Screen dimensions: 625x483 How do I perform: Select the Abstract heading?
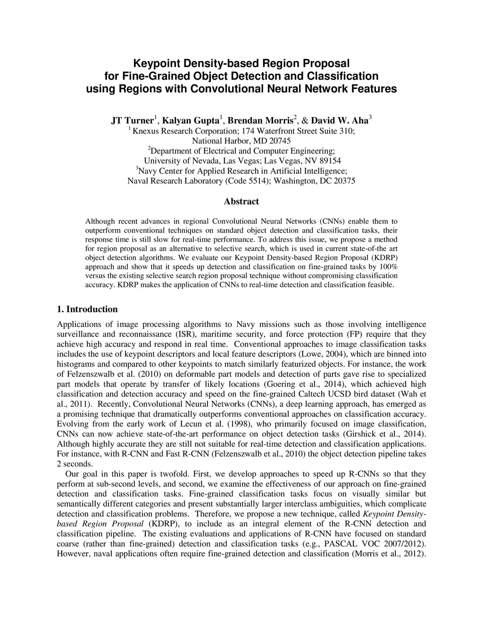241,201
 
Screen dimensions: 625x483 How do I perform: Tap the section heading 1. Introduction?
87,309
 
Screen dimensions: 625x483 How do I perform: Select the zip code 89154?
330,161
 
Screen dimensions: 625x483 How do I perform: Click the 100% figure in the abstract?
389,267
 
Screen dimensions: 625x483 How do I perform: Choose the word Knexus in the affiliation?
146,131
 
